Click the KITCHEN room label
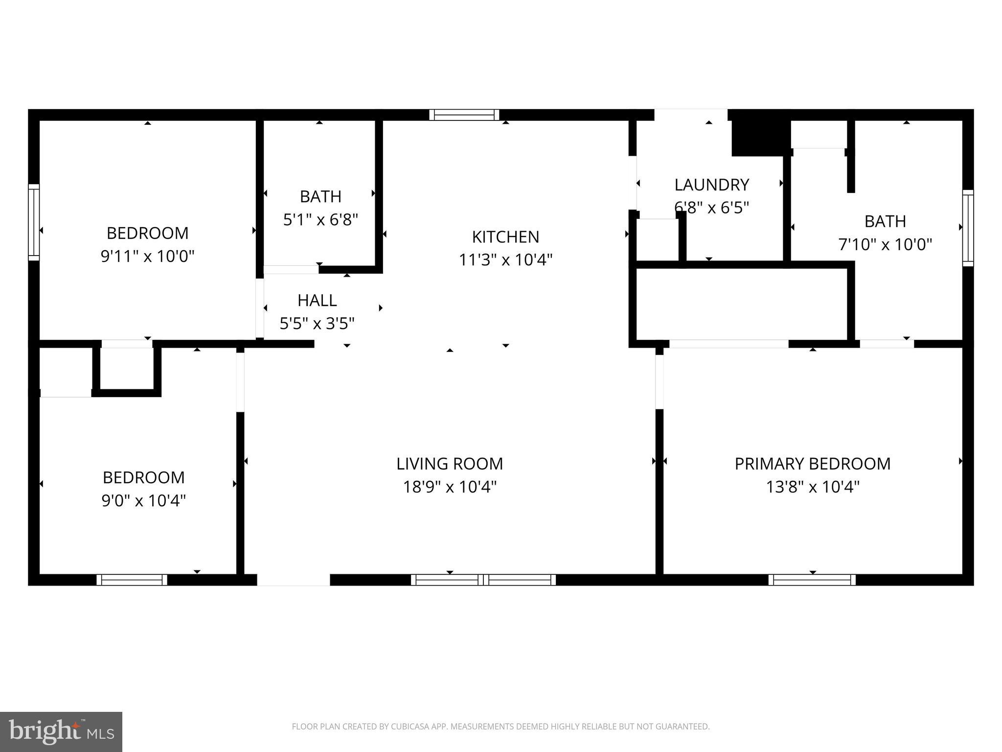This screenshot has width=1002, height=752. [505, 236]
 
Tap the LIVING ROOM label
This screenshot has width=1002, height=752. [450, 464]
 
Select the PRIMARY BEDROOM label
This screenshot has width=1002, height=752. [812, 464]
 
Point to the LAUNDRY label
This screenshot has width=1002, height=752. [711, 185]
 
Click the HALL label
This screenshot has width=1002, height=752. [317, 300]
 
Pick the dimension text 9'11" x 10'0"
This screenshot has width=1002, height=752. [147, 256]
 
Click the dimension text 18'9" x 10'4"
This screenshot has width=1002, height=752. [450, 487]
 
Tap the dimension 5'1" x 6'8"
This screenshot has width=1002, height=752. [320, 219]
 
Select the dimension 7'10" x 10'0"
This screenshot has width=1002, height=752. [885, 244]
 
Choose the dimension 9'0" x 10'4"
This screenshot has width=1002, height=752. [143, 500]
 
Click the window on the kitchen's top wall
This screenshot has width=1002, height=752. [464, 115]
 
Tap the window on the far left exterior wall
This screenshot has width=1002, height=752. [33, 222]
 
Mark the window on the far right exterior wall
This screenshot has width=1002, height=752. [968, 228]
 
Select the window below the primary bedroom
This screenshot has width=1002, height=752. [812, 580]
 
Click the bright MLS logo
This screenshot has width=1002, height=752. [61, 731]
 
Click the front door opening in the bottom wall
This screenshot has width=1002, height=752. [293, 580]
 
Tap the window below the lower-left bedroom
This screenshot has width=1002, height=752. [132, 580]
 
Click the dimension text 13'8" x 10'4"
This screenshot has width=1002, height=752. [812, 487]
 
